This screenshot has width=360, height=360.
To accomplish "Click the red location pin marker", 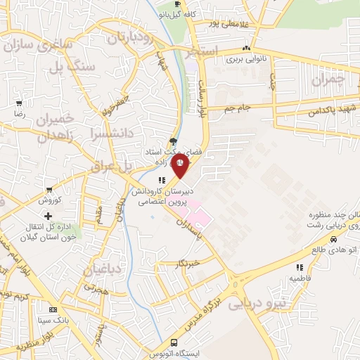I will (180, 167).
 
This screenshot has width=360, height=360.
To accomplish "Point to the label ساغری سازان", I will (39, 48).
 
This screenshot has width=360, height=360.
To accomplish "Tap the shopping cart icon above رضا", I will (18, 103).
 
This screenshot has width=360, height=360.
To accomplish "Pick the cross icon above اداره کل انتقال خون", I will (48, 216).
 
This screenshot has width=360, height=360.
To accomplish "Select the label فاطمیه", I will (300, 278).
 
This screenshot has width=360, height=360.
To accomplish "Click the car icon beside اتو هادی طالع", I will (313, 249).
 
